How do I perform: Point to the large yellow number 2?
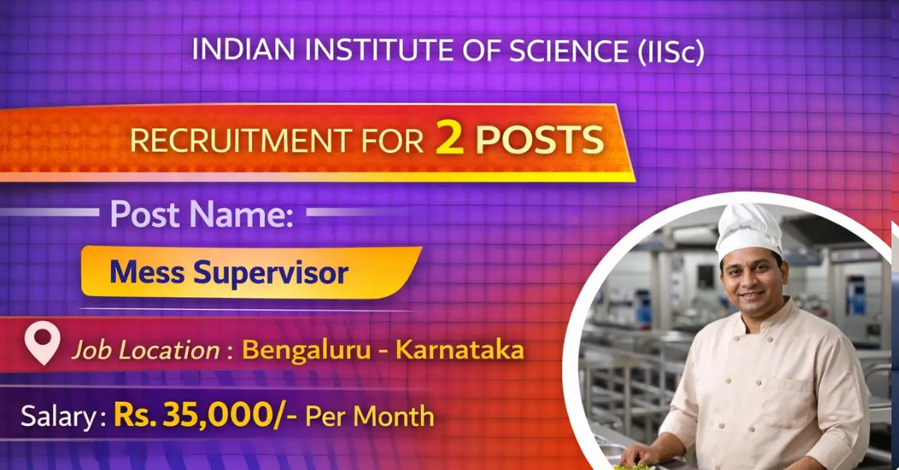[450, 140]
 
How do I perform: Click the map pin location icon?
[42, 343]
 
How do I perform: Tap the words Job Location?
[147, 350]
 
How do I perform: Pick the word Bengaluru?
[307, 350]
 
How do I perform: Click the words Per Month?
[369, 415]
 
